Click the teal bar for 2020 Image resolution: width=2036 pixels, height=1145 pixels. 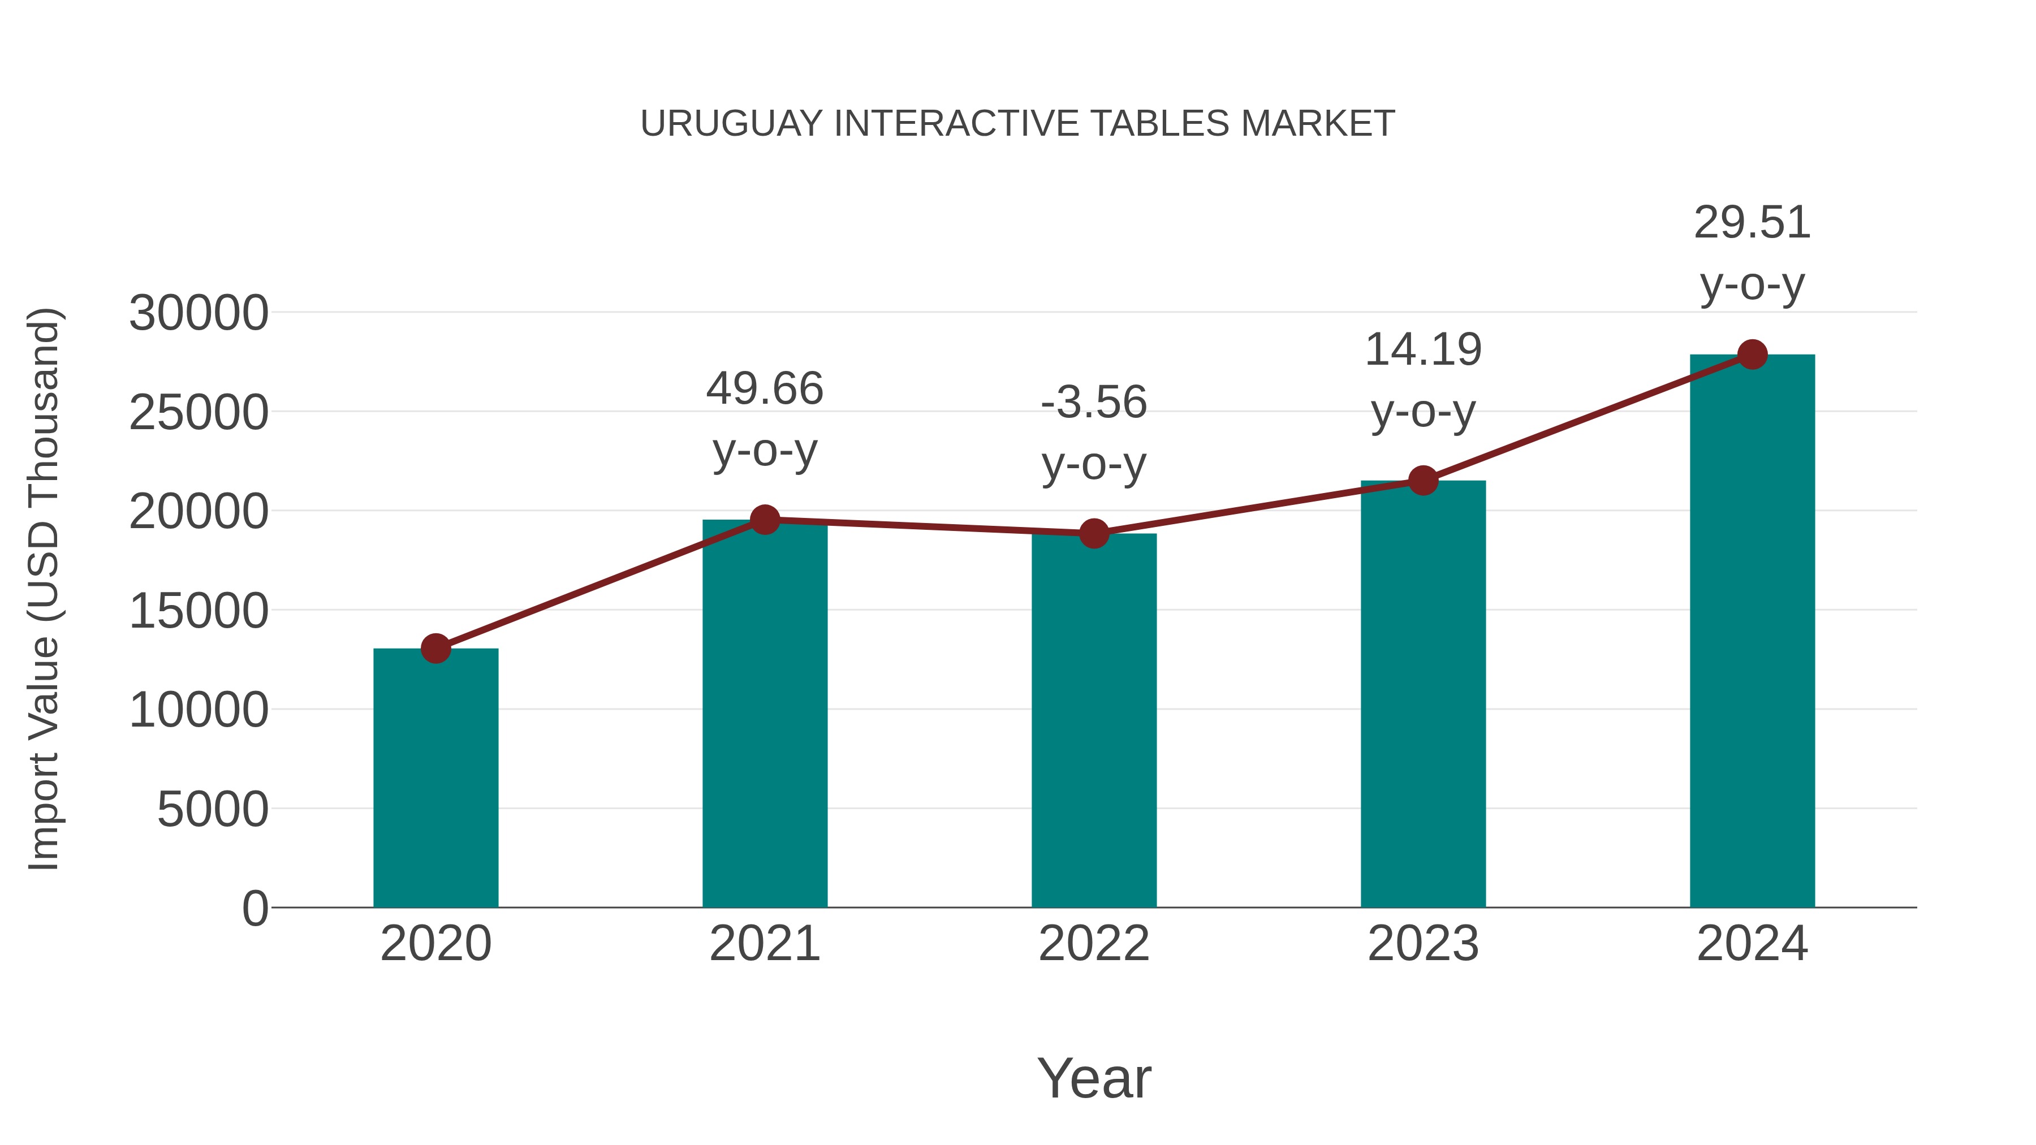tap(435, 779)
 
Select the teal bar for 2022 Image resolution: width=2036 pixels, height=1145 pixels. tap(1094, 721)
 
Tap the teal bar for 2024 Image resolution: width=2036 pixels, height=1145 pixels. tap(1752, 632)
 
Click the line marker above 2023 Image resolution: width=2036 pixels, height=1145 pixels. tap(1423, 481)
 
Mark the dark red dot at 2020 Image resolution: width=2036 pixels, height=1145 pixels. tap(435, 649)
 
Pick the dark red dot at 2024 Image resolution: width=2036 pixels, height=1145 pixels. tap(1752, 355)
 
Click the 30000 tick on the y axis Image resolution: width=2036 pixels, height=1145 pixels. tap(199, 313)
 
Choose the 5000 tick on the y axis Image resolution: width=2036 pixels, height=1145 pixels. tap(213, 809)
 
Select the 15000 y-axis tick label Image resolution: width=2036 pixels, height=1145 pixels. tap(199, 611)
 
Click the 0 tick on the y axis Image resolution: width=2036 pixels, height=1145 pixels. tap(255, 908)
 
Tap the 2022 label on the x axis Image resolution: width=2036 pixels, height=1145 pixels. tap(1094, 944)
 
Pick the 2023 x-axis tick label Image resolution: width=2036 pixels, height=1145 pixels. tap(1423, 944)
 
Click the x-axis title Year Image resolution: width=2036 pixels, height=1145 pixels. tap(1094, 1078)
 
